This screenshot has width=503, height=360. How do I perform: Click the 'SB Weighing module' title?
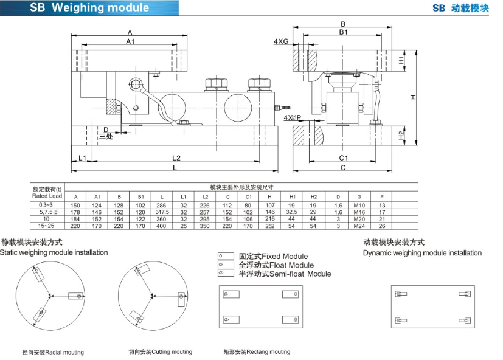(x=89, y=8)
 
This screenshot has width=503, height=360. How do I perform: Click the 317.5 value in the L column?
(x=161, y=212)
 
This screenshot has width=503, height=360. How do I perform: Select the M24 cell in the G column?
(x=360, y=225)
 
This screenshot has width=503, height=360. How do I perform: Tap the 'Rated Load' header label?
(x=47, y=196)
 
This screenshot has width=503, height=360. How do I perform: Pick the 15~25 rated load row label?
(x=47, y=225)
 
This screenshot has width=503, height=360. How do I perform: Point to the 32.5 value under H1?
(x=292, y=212)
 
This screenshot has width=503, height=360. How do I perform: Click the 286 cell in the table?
(x=161, y=205)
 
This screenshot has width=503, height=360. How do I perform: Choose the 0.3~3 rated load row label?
(x=47, y=205)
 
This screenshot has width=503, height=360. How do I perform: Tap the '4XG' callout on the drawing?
(x=280, y=41)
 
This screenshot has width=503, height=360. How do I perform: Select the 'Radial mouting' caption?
(x=53, y=352)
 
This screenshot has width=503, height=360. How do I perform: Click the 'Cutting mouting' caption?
(x=160, y=351)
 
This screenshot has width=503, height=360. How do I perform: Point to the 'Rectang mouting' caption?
(x=257, y=351)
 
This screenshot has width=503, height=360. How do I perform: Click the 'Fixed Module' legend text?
(x=273, y=257)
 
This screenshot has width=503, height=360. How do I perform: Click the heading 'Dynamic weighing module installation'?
(x=421, y=253)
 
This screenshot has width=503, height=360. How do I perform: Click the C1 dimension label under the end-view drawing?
(x=343, y=158)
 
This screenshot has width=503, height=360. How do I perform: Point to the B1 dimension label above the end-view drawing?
(x=344, y=32)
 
